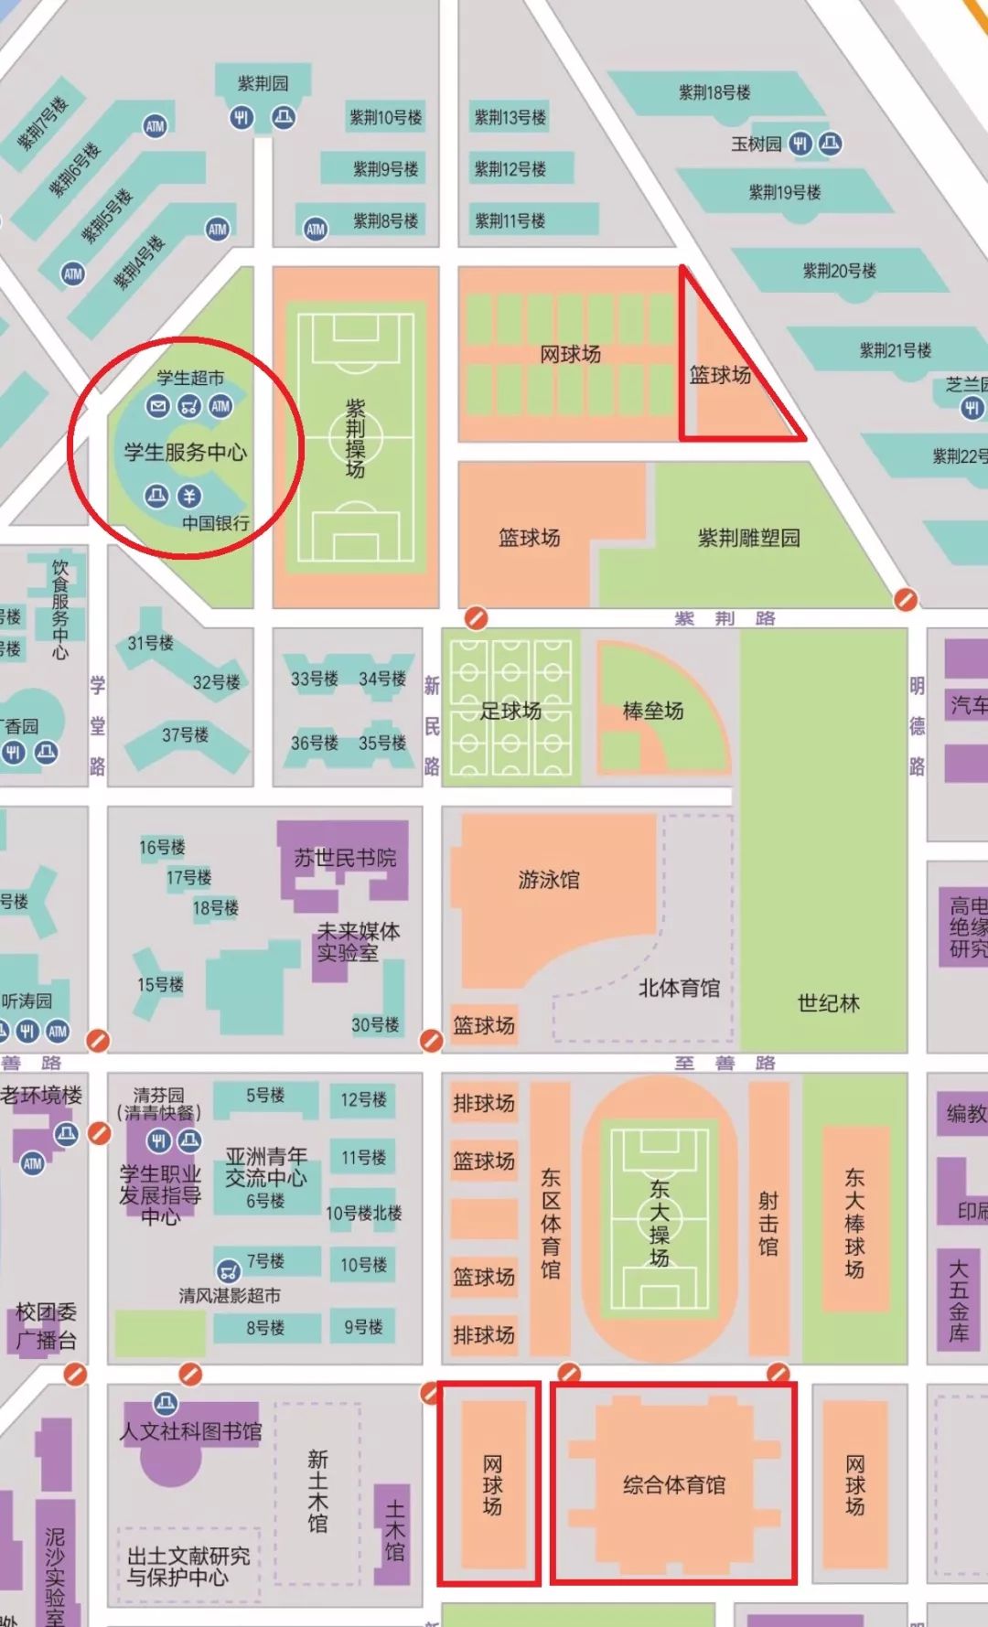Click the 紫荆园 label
click(263, 83)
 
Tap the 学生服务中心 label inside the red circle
click(186, 451)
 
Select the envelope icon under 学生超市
click(158, 405)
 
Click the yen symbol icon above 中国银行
click(189, 496)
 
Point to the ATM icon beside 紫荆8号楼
click(316, 229)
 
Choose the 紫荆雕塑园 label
click(748, 538)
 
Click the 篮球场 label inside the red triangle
click(720, 375)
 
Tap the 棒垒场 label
click(653, 711)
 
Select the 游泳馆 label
click(549, 880)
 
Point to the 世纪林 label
click(829, 1003)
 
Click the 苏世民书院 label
click(345, 858)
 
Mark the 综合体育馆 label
click(674, 1484)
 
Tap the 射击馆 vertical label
click(768, 1224)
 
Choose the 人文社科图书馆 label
click(190, 1431)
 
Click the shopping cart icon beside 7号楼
click(229, 1269)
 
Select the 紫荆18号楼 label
click(714, 92)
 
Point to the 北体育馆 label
click(679, 988)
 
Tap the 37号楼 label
click(186, 734)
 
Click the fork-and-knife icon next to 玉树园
click(800, 144)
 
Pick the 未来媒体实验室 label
click(358, 942)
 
